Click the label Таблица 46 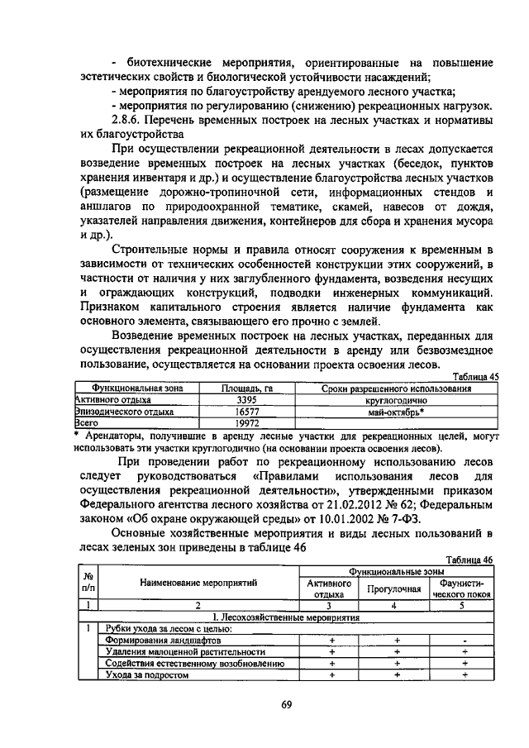469,560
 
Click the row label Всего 88,422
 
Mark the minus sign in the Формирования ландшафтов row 465,640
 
